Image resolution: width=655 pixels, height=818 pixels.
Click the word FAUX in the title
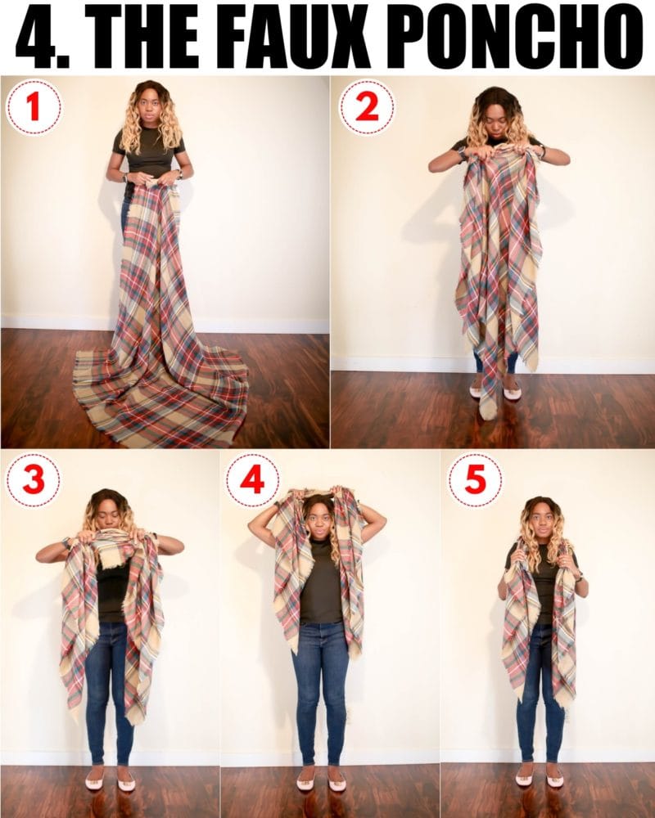click(x=309, y=36)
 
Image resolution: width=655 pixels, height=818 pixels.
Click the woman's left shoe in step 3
click(x=126, y=783)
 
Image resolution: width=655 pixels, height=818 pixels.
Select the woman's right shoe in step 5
click(x=525, y=780)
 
